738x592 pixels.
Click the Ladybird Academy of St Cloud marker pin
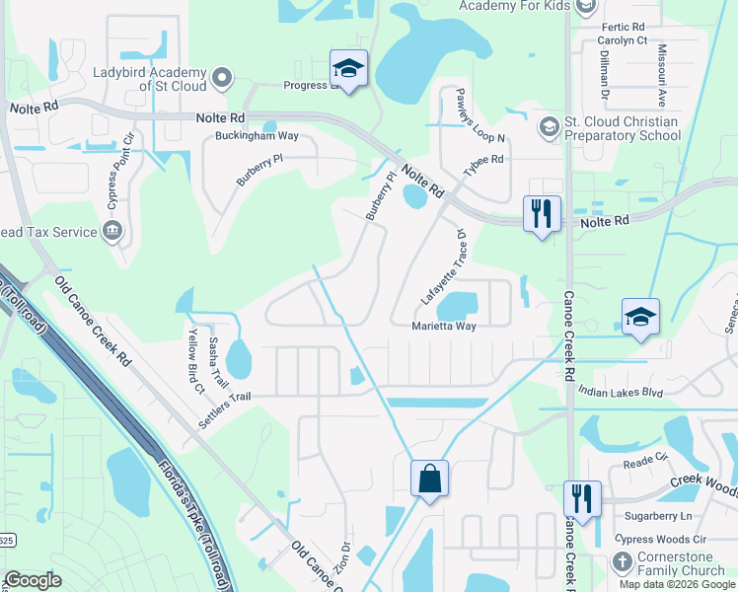222,76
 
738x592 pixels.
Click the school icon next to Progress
347,68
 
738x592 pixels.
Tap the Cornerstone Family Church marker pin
622,563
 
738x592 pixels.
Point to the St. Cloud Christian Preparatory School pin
549,128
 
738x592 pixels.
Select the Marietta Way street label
445,326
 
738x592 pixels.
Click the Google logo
33,580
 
